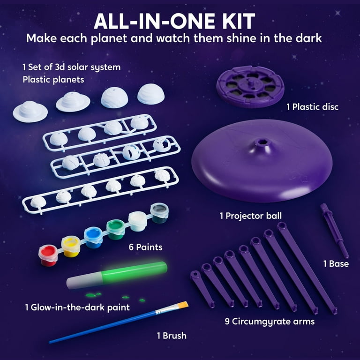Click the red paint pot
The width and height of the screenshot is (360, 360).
click(49, 255)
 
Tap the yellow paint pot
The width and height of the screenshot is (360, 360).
click(71, 246)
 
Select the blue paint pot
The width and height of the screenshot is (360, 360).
click(93, 237)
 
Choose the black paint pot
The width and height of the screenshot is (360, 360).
click(159, 212)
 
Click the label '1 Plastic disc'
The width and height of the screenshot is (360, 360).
click(312, 107)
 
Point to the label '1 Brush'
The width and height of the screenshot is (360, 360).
click(172, 335)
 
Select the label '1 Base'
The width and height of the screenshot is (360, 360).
click(336, 264)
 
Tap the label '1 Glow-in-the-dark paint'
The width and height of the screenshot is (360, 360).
click(77, 307)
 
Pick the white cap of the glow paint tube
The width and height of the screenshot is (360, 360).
click(81, 282)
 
